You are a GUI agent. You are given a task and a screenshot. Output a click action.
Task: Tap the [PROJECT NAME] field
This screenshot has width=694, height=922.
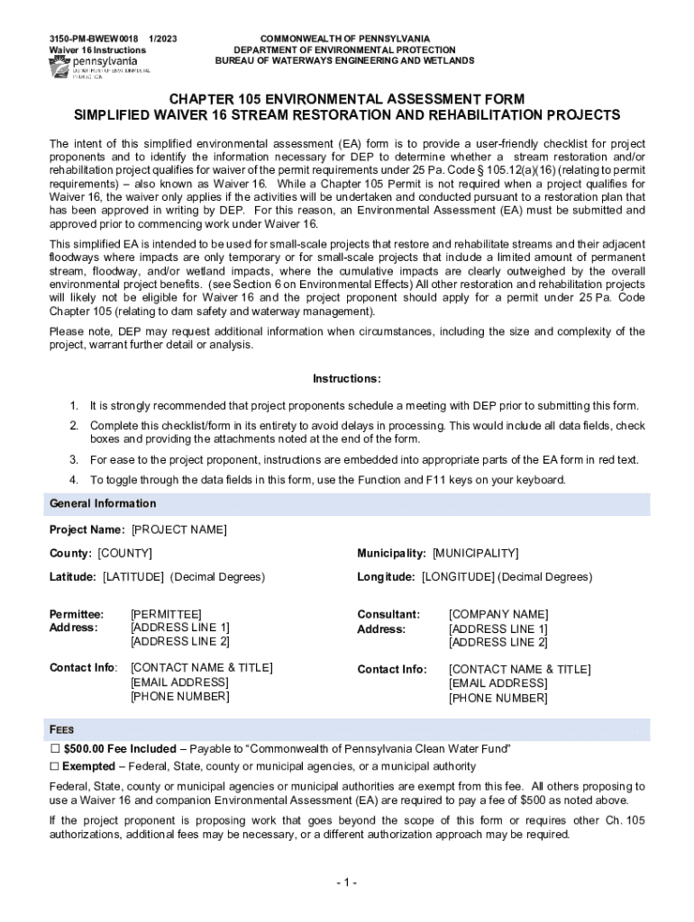pyautogui.click(x=178, y=529)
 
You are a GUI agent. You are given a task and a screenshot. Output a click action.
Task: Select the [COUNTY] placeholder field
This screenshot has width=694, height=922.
pyautogui.click(x=124, y=553)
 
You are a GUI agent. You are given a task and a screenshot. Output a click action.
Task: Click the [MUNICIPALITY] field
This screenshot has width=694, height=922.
pyautogui.click(x=475, y=553)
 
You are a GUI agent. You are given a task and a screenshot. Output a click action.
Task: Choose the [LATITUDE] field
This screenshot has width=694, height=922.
pyautogui.click(x=133, y=576)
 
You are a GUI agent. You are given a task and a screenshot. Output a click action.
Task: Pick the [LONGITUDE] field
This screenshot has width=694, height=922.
pyautogui.click(x=458, y=576)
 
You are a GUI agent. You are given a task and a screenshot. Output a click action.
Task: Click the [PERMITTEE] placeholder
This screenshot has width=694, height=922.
pyautogui.click(x=166, y=614)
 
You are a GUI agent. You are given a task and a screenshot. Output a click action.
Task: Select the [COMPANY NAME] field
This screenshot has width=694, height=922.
pyautogui.click(x=498, y=614)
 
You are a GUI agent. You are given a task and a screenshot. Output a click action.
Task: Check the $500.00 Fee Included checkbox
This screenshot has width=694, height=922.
pyautogui.click(x=54, y=749)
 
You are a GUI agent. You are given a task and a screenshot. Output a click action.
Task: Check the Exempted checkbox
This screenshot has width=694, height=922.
pyautogui.click(x=54, y=766)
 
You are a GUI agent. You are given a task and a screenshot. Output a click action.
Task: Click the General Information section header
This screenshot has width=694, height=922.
pyautogui.click(x=103, y=503)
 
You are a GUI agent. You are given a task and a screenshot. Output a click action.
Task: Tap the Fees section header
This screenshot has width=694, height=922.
pyautogui.click(x=62, y=729)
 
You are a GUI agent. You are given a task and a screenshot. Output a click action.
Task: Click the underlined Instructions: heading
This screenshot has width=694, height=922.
pyautogui.click(x=347, y=378)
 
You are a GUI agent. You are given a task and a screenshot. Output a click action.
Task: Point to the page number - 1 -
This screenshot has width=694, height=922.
pyautogui.click(x=346, y=882)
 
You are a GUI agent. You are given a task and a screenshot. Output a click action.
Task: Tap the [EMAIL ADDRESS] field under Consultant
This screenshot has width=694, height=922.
pyautogui.click(x=498, y=683)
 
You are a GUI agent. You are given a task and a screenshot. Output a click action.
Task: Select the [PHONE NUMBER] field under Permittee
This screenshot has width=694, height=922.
pyautogui.click(x=179, y=696)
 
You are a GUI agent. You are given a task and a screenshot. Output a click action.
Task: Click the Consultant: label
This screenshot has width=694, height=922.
pyautogui.click(x=388, y=614)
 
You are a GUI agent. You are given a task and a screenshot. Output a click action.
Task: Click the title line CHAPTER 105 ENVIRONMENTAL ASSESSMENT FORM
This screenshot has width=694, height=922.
pyautogui.click(x=347, y=98)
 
